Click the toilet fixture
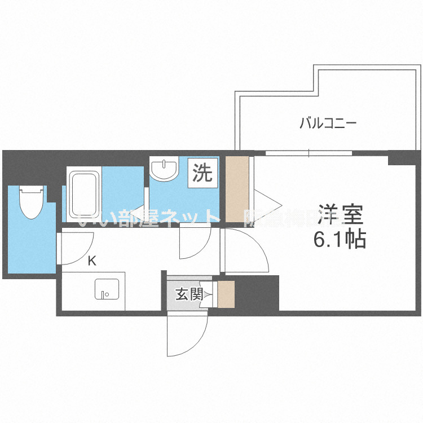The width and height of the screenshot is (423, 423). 30,203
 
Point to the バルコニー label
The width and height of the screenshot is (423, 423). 328,122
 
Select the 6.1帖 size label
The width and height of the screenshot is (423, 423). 340,241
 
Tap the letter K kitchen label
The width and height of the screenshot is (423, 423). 92,261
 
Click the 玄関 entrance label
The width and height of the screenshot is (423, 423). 188,294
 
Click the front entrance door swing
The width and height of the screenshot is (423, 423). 186,336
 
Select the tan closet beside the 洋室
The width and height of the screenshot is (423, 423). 237,189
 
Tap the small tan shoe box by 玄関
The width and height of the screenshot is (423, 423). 226,294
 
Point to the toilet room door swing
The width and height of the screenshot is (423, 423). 76,247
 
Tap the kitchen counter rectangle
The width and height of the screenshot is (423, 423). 93,290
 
